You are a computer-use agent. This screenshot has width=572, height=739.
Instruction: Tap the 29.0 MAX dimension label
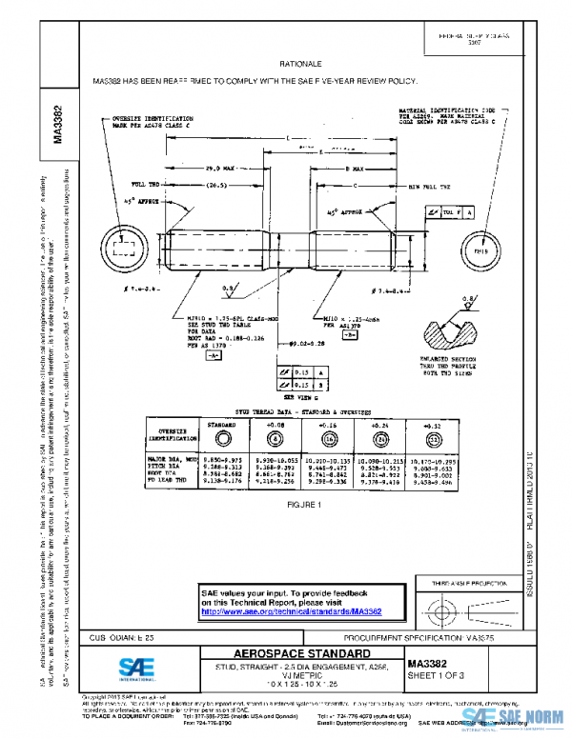click(x=220, y=166)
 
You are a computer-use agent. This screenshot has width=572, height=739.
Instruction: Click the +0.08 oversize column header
click(x=276, y=424)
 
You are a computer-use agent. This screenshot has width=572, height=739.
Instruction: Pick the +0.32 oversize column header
click(x=434, y=424)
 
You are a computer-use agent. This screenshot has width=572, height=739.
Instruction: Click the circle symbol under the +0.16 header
click(x=328, y=439)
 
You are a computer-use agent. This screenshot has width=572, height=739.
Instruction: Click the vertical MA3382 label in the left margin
click(x=58, y=124)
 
